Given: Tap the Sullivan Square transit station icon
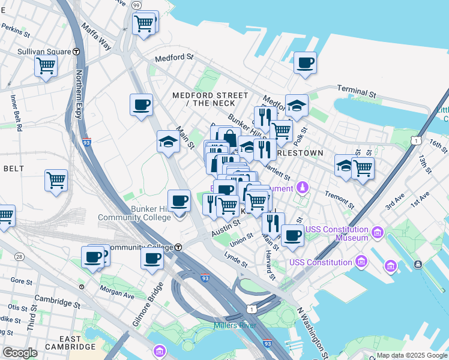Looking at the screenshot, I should pyautogui.click(x=77, y=52).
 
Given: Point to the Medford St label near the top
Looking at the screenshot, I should pyautogui.click(x=174, y=58).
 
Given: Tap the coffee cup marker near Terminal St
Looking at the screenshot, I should pyautogui.click(x=305, y=63).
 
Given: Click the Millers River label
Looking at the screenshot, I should pyautogui.click(x=235, y=325).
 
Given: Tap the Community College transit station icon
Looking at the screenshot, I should pyautogui.click(x=178, y=247).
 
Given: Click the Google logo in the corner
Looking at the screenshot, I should pyautogui.click(x=20, y=353).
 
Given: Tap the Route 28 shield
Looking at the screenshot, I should pyautogui.click(x=20, y=257).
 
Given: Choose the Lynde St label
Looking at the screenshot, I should pyautogui.click(x=236, y=260).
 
